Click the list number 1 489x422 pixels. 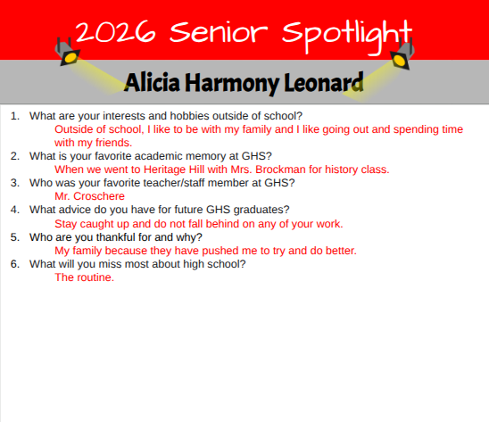click(x=14, y=116)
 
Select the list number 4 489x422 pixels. click(x=14, y=210)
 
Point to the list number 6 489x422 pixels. click(x=14, y=264)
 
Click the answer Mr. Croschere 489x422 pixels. click(x=89, y=196)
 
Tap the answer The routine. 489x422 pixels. click(x=84, y=277)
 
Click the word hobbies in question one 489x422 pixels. click(x=177, y=116)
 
